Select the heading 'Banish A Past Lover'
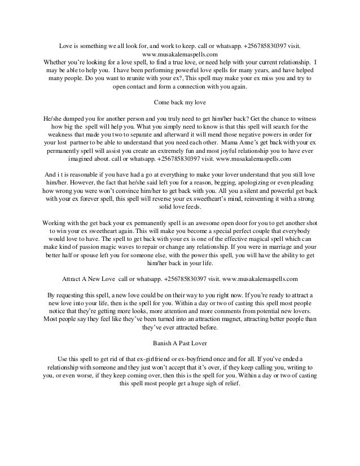pos(180,342)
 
